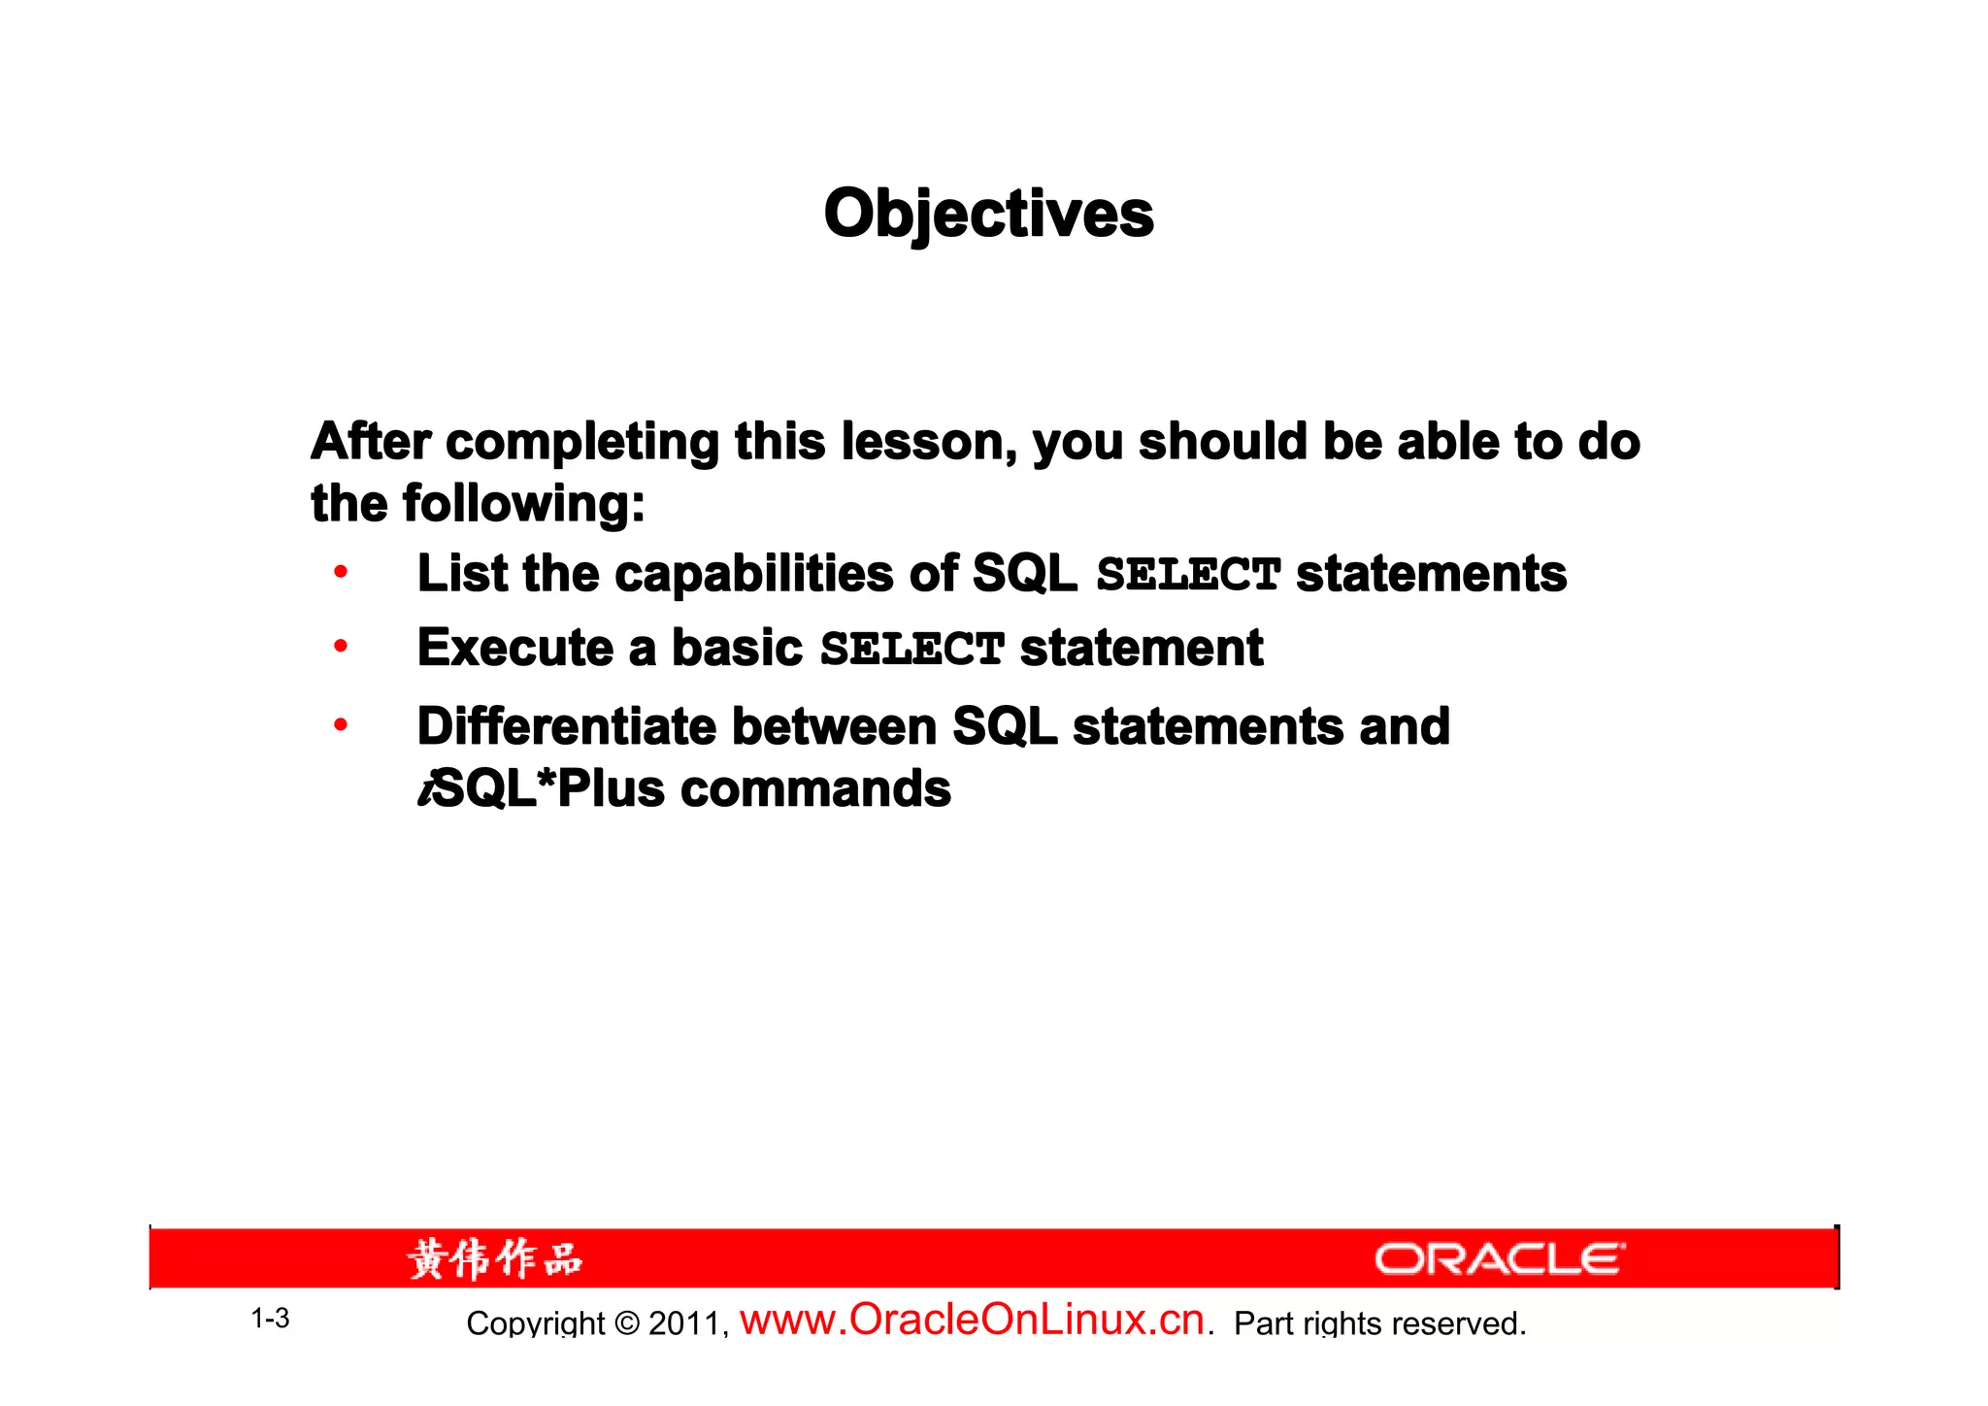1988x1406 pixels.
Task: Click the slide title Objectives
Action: coord(988,214)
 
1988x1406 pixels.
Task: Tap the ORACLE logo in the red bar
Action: coord(1499,1259)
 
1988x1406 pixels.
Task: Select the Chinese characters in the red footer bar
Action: coord(495,1259)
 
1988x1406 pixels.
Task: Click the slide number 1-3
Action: coord(270,1319)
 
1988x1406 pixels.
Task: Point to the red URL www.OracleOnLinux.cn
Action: coord(973,1320)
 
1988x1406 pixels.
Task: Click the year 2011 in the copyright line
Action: coord(684,1323)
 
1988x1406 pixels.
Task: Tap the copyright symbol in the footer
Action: coord(627,1323)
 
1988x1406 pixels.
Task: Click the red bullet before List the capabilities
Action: coord(340,572)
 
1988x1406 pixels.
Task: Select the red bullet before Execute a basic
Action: coord(340,646)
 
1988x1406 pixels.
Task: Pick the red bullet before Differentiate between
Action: coord(340,724)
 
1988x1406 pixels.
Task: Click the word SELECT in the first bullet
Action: coord(1188,574)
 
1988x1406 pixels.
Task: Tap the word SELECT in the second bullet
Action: coord(911,649)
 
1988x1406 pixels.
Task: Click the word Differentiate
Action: coord(567,726)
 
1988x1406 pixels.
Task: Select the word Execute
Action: coord(515,648)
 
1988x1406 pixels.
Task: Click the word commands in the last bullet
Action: coord(815,788)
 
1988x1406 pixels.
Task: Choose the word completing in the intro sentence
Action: coord(581,442)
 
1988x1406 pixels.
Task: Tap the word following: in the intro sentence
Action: coord(523,504)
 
